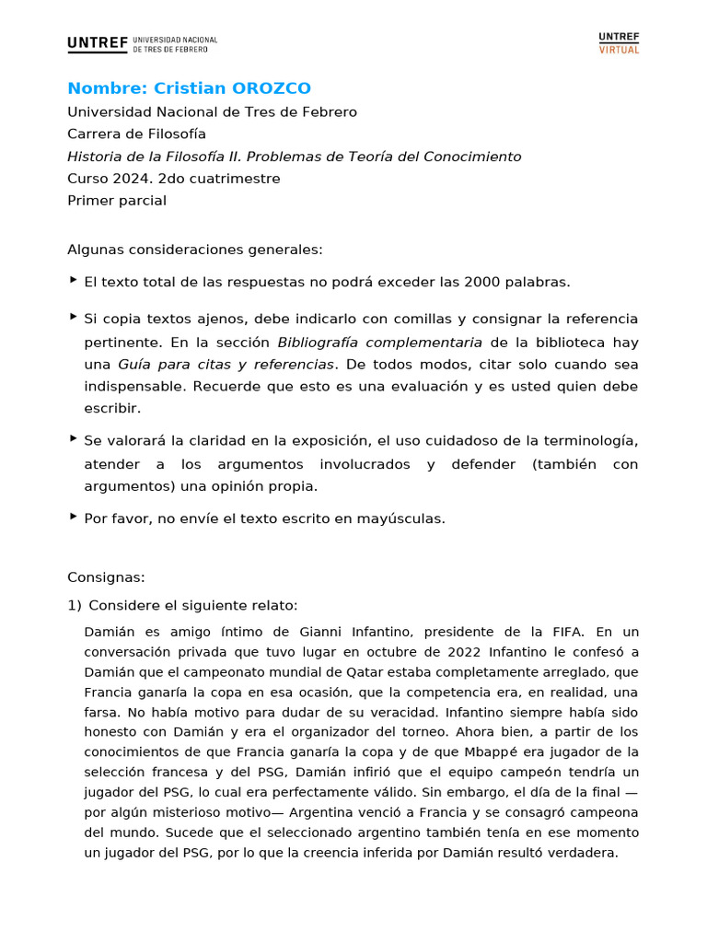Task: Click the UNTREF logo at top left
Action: point(142,44)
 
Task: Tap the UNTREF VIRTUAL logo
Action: point(619,43)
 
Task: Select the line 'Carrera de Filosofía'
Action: point(136,134)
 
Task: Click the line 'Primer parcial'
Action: point(117,201)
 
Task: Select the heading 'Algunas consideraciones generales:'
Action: point(195,250)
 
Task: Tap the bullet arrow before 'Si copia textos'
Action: point(73,316)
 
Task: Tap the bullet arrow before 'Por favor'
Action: point(73,517)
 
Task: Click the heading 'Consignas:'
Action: point(106,577)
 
